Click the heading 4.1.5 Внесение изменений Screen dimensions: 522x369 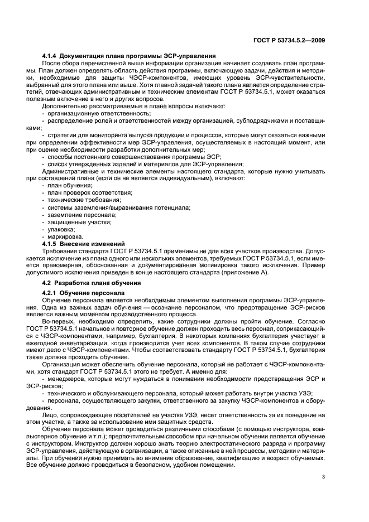click(x=83, y=244)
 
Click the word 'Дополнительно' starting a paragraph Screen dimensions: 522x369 click(x=64, y=105)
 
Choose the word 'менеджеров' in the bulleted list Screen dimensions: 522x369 click(x=64, y=380)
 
